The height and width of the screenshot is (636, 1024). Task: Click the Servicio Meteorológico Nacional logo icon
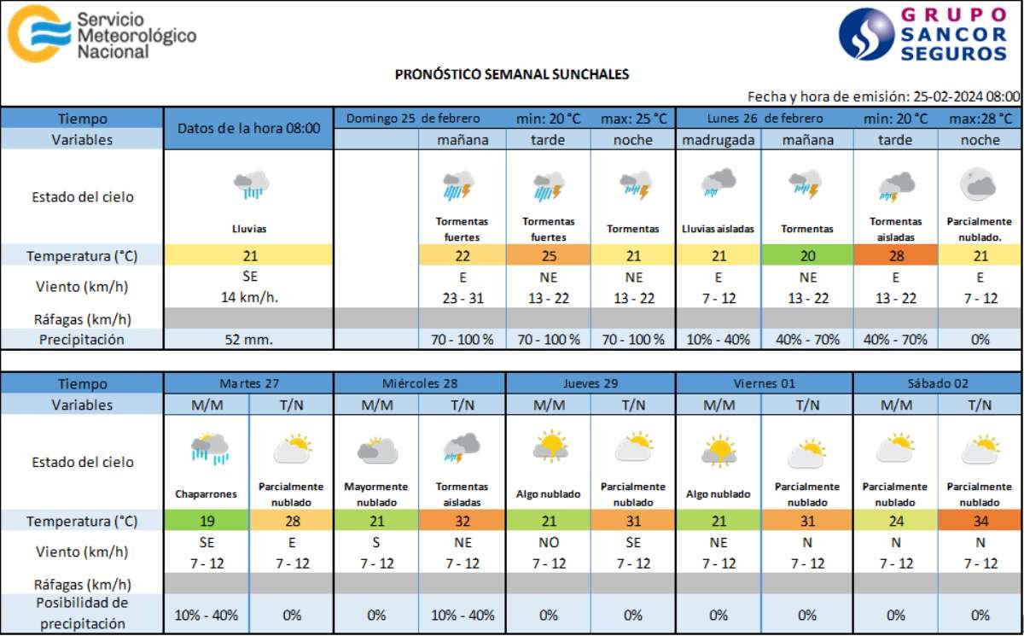tap(38, 32)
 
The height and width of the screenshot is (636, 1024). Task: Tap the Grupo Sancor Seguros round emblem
tap(865, 34)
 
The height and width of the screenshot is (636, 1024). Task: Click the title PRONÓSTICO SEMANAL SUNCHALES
tap(512, 74)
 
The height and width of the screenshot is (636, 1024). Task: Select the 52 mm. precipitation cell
tap(248, 340)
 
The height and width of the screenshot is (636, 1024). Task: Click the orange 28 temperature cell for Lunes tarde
tap(895, 255)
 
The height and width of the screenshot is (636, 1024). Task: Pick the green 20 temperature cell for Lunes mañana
tap(807, 255)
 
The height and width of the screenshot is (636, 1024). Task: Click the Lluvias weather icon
tap(250, 185)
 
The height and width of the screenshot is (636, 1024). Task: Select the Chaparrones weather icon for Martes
tap(209, 449)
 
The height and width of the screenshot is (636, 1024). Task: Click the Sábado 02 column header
tap(937, 383)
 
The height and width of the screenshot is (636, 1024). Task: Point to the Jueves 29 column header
tap(591, 383)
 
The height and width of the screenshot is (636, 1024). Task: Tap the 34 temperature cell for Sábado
tap(980, 521)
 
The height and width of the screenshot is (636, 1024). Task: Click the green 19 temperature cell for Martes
tap(207, 521)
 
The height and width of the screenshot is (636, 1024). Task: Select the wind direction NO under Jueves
tap(548, 543)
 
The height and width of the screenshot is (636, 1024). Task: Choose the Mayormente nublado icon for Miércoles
tap(377, 450)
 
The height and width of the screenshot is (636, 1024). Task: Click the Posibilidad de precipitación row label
tap(82, 613)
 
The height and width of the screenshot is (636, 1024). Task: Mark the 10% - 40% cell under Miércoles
tap(462, 615)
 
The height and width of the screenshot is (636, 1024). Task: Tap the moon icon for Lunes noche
tap(977, 185)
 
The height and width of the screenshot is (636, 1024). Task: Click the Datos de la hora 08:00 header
tap(248, 129)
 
